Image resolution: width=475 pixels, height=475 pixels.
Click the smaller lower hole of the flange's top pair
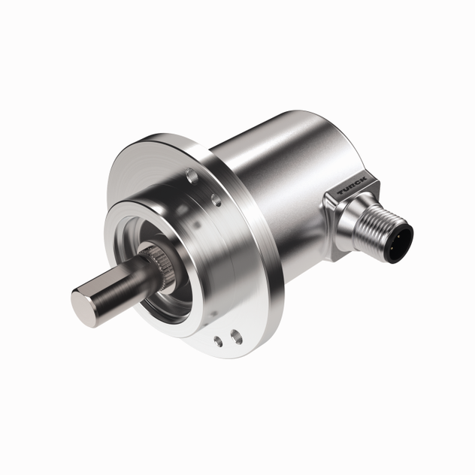point(216,199)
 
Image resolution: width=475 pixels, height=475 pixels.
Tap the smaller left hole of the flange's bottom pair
point(219,342)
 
